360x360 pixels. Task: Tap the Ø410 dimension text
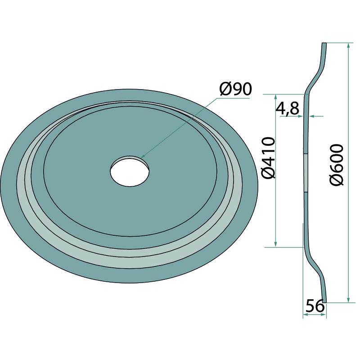[x=268, y=158]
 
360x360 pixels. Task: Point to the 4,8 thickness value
[x=287, y=108]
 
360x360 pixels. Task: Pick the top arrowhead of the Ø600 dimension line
[x=348, y=45]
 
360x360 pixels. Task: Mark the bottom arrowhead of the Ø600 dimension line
[x=348, y=300]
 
